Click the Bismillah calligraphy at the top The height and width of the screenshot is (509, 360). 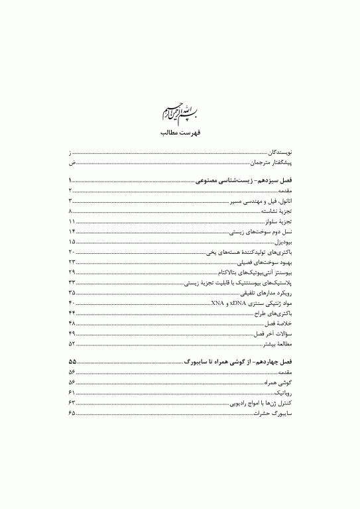click(180, 111)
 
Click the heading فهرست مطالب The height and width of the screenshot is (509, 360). click(180, 132)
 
